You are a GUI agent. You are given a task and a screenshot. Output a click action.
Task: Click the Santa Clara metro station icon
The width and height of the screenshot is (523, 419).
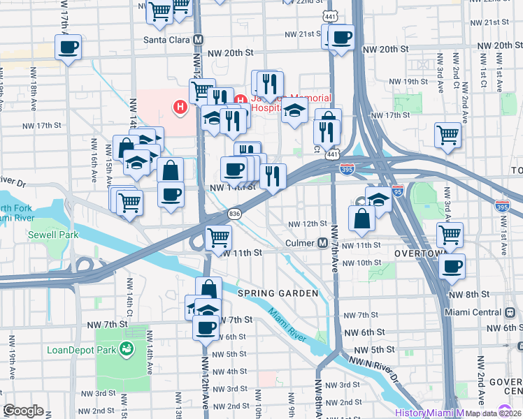click(x=199, y=40)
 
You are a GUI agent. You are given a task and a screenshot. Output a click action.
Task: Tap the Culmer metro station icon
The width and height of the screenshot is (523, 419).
click(x=323, y=243)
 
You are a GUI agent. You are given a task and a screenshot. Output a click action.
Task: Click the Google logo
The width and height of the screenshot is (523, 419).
click(x=23, y=411)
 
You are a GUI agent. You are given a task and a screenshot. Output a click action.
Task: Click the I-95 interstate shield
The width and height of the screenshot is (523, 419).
click(x=397, y=191)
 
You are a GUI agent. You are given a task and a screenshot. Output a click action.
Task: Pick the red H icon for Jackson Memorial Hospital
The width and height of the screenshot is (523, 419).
click(x=180, y=108)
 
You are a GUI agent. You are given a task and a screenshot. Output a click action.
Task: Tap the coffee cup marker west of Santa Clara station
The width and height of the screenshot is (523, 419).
click(x=68, y=48)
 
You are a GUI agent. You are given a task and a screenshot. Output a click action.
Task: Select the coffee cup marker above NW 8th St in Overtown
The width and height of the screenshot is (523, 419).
click(x=452, y=266)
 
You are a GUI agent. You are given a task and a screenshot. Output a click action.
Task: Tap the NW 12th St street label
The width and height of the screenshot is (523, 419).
click(x=308, y=223)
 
